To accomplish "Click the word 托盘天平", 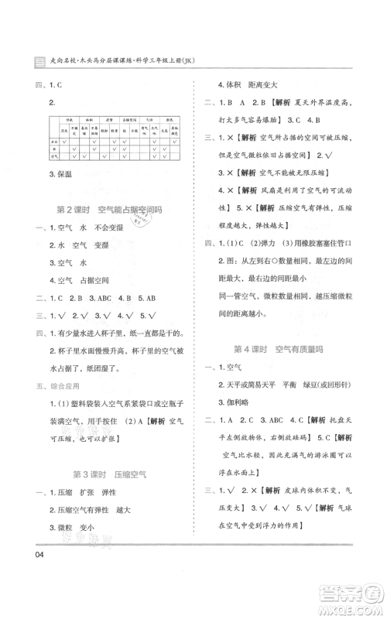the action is tap(351, 420).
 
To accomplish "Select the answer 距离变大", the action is tap(279, 84).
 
